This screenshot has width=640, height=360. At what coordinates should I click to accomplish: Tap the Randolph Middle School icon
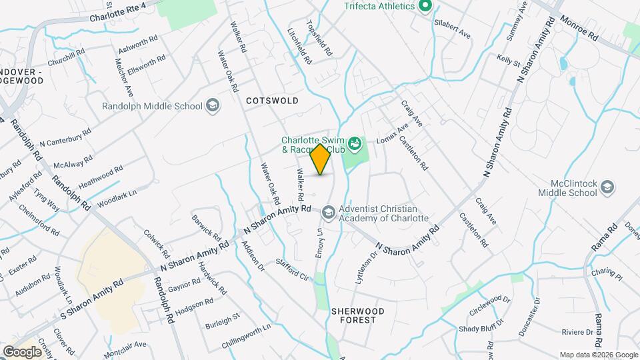tap(212, 105)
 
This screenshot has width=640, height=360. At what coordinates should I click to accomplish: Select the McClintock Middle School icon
tap(607, 187)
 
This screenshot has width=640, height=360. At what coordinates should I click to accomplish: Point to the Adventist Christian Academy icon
tap(328, 212)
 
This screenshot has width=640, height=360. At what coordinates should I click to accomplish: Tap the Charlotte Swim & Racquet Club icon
tap(355, 141)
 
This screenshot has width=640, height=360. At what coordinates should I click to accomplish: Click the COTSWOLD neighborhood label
tap(271, 100)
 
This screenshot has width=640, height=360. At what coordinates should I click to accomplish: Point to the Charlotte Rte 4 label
tap(127, 12)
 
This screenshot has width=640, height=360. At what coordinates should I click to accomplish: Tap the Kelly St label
tap(508, 62)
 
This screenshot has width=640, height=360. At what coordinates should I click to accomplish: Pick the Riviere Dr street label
tap(577, 331)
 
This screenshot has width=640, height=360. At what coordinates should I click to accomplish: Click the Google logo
tap(21, 351)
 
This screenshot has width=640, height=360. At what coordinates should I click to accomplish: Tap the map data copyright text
tap(597, 355)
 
